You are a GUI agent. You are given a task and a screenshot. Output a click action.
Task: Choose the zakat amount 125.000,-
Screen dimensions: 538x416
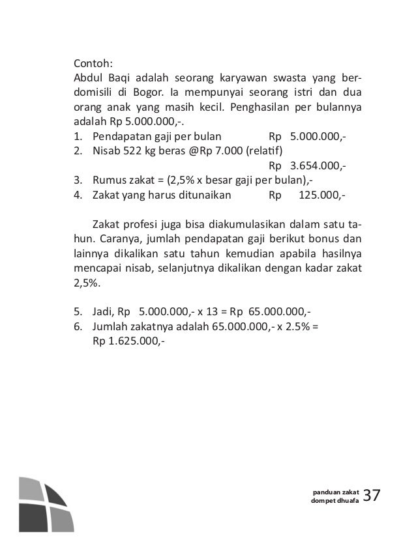pos(322,195)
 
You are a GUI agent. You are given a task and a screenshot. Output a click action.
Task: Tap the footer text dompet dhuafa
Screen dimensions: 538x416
pos(335,500)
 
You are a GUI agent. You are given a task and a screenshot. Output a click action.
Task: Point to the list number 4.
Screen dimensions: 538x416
pos(76,195)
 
